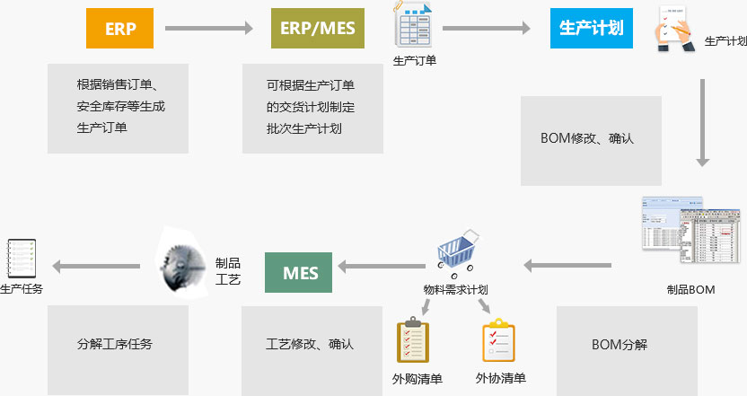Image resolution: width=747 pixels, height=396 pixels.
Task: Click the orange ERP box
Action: (120, 29)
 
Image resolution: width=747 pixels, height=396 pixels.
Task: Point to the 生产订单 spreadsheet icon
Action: (415, 26)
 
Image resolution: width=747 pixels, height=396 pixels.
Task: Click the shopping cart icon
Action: (457, 251)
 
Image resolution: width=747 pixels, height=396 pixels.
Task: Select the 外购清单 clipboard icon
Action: (413, 339)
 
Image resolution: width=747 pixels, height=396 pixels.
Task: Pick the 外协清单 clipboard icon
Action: (499, 340)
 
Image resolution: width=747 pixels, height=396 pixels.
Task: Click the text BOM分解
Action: (620, 344)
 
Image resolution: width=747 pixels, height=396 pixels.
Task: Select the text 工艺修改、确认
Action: (310, 344)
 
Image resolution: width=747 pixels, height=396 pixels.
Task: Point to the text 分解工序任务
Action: (115, 344)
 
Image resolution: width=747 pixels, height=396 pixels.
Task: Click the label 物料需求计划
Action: (455, 289)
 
